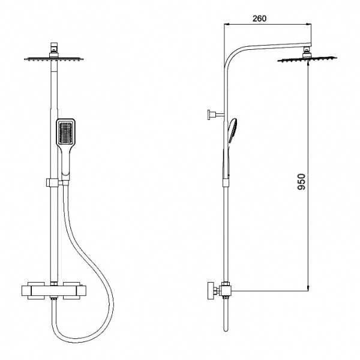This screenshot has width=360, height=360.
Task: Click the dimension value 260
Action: coord(259,18)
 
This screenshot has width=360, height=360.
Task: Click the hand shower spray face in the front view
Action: coord(65,133)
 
